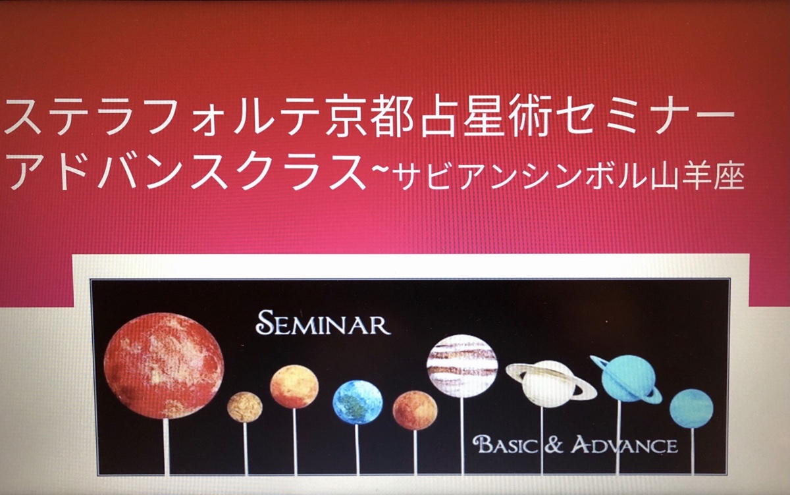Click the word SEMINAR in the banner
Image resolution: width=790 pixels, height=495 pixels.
[323, 323]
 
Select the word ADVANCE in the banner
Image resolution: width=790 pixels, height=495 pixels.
[625, 445]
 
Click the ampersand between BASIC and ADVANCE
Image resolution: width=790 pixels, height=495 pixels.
[554, 445]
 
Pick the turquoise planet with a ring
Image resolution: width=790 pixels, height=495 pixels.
[626, 379]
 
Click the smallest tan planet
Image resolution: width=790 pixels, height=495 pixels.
[245, 407]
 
